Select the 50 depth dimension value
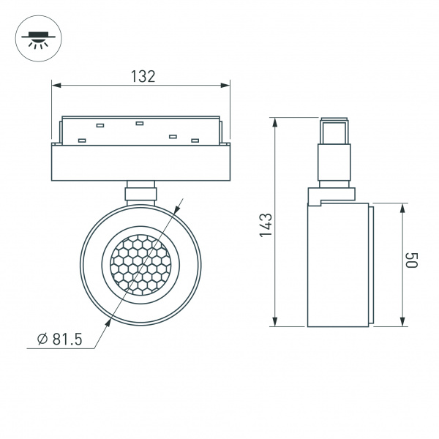413,260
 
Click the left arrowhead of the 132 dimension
56,85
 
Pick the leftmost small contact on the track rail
83,140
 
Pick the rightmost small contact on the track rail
195,140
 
